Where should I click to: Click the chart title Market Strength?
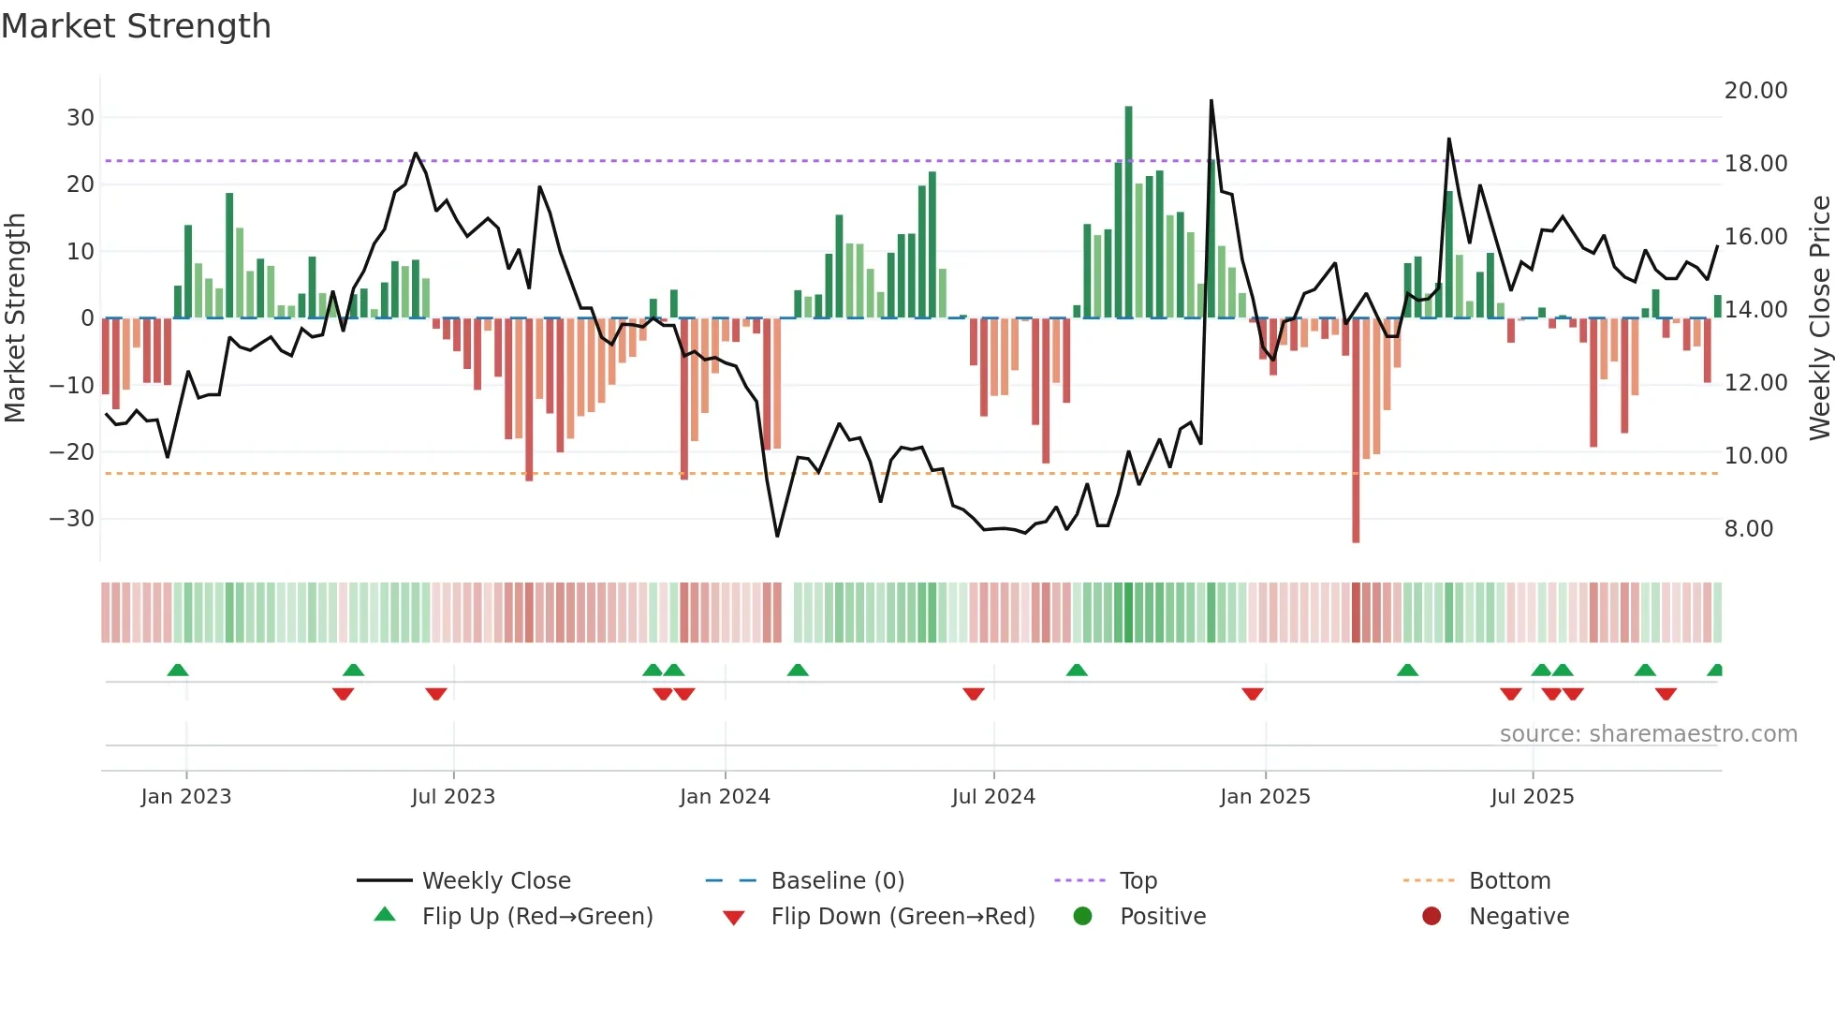(136, 26)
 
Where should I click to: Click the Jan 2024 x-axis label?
(725, 797)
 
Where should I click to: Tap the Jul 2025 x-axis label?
(1533, 797)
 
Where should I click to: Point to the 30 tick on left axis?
(81, 118)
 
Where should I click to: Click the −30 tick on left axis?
(72, 519)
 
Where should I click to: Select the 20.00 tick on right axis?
(1755, 91)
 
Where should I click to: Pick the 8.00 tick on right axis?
(1749, 529)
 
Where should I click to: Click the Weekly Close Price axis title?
(1819, 318)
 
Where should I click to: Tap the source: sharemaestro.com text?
(1648, 734)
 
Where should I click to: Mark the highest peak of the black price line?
(1211, 101)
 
